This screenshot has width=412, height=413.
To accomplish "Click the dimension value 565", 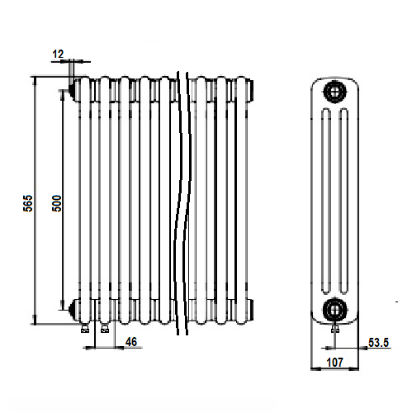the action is coord(27,203).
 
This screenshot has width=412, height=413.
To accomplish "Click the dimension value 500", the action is coord(57,203).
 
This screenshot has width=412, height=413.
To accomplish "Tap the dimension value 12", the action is coord(58,54).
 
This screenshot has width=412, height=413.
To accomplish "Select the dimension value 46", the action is coord(131,342).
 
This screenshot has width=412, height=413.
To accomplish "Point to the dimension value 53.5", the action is coord(378,343).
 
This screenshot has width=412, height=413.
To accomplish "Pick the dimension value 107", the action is coord(334,363).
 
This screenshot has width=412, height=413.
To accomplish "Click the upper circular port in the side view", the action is coord(334,92).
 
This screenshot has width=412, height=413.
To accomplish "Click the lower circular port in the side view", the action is coord(334,310).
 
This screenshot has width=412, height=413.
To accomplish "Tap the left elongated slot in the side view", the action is coord(326,201).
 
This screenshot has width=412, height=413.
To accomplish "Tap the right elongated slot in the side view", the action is coord(343,201).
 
